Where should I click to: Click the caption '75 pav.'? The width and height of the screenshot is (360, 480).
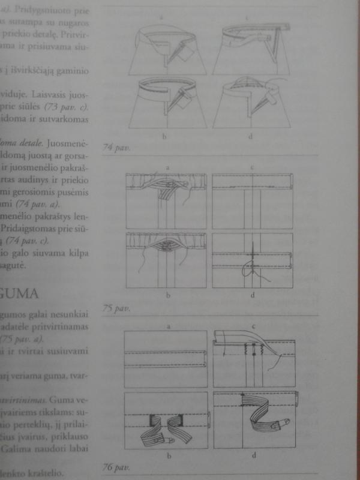[x=114, y=308]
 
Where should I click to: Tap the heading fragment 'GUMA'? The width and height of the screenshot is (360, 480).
[x=20, y=295]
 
